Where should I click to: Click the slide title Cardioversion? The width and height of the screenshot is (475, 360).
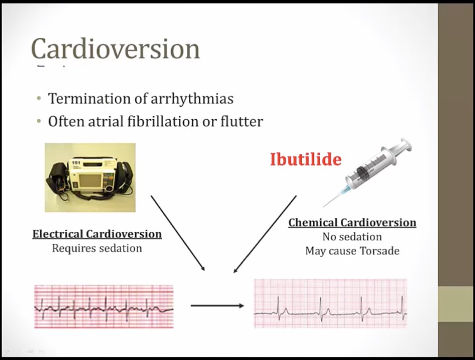pos(116,49)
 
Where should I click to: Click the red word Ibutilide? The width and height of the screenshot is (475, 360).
pos(306,159)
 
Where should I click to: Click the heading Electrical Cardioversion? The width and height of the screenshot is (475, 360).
pos(97,234)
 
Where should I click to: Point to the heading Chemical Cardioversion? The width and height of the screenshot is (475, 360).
pos(352,222)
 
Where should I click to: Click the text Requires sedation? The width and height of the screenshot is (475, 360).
pos(97,248)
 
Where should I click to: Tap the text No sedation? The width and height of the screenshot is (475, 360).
pos(352,236)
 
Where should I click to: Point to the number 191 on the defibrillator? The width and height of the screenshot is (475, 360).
pos(76,163)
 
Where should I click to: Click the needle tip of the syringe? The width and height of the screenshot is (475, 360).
pos(323,207)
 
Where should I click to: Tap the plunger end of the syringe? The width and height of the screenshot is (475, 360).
pos(406,145)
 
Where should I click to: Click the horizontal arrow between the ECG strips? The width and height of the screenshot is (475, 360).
pos(217,306)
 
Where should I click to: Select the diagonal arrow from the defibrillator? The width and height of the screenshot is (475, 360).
pos(178,233)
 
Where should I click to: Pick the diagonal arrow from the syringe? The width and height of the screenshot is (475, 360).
pos(265,234)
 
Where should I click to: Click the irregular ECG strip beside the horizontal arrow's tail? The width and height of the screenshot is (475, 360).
pos(104,306)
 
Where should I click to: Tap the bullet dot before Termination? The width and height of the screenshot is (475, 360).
pos(39,98)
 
